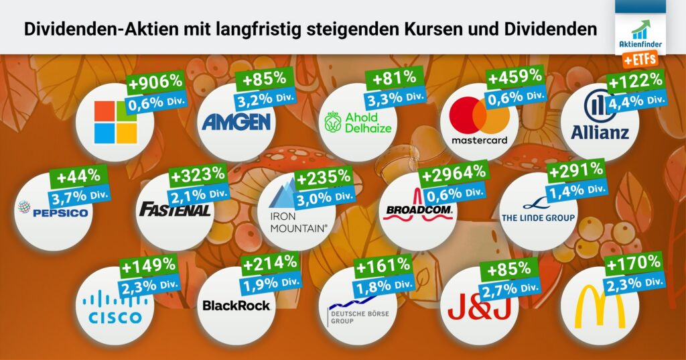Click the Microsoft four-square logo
(x=115, y=122)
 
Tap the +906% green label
(x=155, y=83)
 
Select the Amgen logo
(x=236, y=121)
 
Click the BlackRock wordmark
(x=236, y=306)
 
